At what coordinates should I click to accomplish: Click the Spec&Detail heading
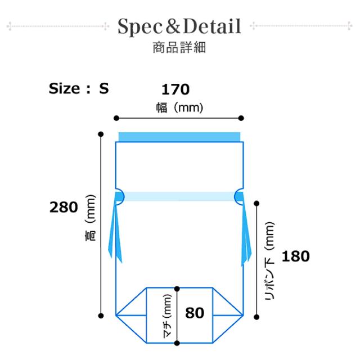click(x=179, y=27)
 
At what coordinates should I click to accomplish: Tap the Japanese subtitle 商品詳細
click(x=179, y=47)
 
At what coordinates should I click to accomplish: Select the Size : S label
click(x=79, y=88)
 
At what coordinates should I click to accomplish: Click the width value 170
click(x=175, y=89)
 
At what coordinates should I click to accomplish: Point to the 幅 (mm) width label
click(x=179, y=107)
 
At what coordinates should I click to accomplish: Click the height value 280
click(x=64, y=207)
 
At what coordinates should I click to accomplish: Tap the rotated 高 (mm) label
click(x=90, y=218)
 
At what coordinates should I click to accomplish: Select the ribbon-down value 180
click(x=296, y=256)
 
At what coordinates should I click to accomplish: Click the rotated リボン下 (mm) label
click(x=269, y=261)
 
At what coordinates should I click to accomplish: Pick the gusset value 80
click(x=195, y=313)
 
